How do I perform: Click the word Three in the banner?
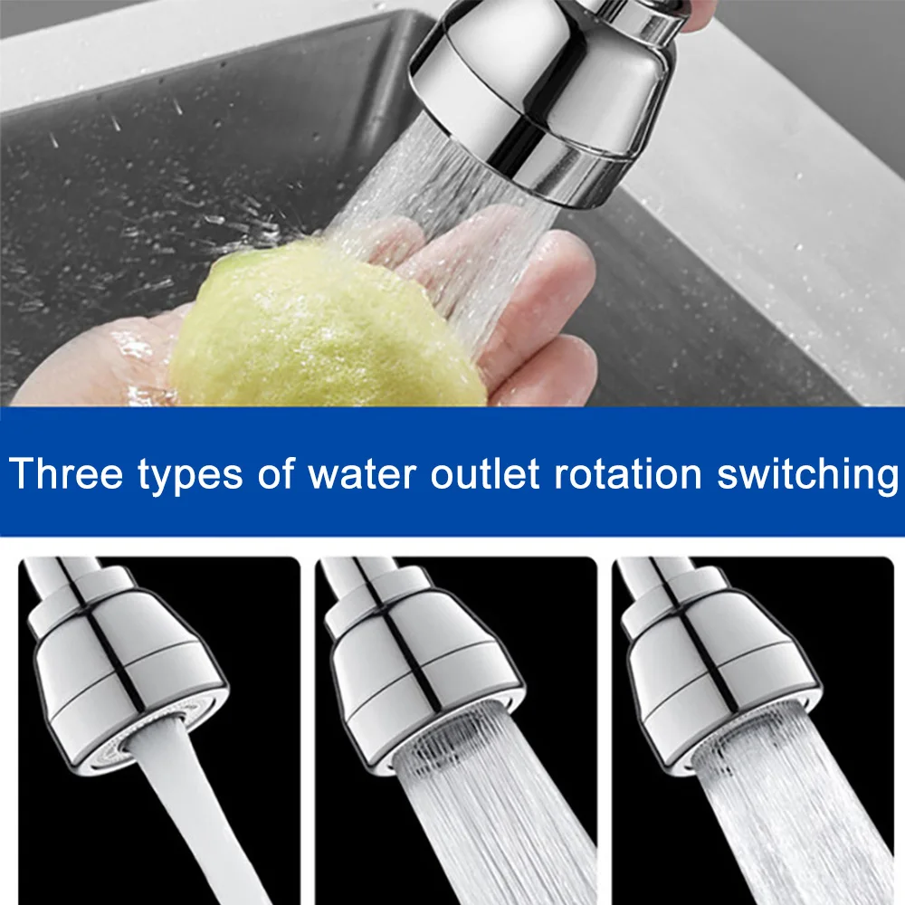[x=66, y=473]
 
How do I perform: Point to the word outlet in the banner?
[x=485, y=473]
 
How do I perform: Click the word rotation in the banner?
[x=628, y=473]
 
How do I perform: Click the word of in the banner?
[x=276, y=473]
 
